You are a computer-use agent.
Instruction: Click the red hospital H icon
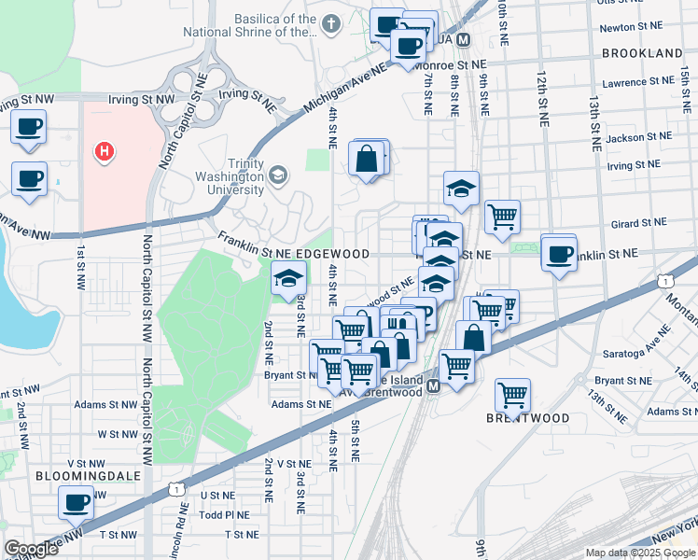click(x=105, y=150)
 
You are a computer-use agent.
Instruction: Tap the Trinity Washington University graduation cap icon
click(x=277, y=175)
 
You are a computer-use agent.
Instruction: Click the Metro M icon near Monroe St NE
click(x=465, y=42)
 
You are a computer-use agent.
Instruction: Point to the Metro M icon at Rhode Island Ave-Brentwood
click(x=433, y=385)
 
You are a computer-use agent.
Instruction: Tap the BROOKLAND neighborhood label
click(x=642, y=53)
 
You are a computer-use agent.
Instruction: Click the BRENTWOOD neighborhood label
click(x=527, y=418)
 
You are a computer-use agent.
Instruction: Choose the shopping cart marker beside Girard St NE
click(x=502, y=217)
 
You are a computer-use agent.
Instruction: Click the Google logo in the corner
click(x=31, y=549)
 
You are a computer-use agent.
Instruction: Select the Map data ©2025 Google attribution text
click(x=639, y=553)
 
